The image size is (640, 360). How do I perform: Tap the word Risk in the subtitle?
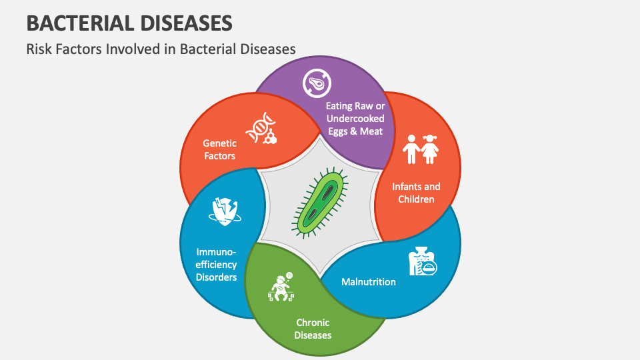pyautogui.click(x=39, y=49)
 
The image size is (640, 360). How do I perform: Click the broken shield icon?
pyautogui.click(x=225, y=211)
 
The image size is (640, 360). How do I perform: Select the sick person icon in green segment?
pyautogui.click(x=281, y=287)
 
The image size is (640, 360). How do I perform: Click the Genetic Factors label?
pyautogui.click(x=219, y=149)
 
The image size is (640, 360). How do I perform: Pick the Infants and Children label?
pyautogui.click(x=416, y=193)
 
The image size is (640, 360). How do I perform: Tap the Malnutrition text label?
pyautogui.click(x=368, y=281)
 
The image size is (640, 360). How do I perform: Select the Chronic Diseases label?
pyautogui.click(x=313, y=329)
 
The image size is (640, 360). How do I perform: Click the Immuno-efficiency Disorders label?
pyautogui.click(x=216, y=264)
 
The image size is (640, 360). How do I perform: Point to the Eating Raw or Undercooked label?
pyautogui.click(x=355, y=112)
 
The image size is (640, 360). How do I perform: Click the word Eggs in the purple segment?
pyautogui.click(x=340, y=131)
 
